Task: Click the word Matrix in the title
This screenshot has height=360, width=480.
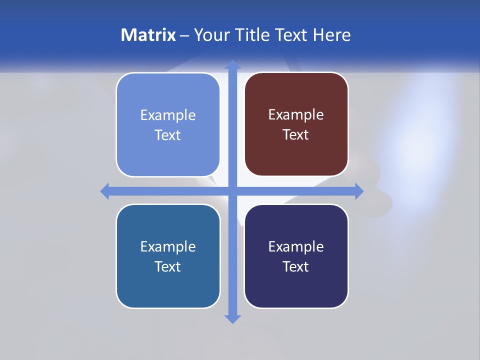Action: click(x=148, y=35)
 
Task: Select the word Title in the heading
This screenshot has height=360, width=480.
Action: click(x=255, y=35)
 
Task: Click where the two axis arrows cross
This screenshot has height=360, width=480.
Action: click(x=232, y=191)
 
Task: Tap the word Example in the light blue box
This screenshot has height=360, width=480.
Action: click(x=168, y=115)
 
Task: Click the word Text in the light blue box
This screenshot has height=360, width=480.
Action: click(x=168, y=135)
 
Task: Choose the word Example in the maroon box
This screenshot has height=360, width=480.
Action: click(x=296, y=114)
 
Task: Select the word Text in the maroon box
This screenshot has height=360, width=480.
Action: click(x=296, y=134)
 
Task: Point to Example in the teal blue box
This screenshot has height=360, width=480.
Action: click(x=168, y=246)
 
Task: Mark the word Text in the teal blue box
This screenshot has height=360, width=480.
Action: click(x=168, y=266)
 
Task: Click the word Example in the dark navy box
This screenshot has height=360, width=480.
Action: click(x=296, y=246)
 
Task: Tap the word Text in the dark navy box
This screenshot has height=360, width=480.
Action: click(x=296, y=266)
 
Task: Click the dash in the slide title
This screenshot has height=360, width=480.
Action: click(x=185, y=35)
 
